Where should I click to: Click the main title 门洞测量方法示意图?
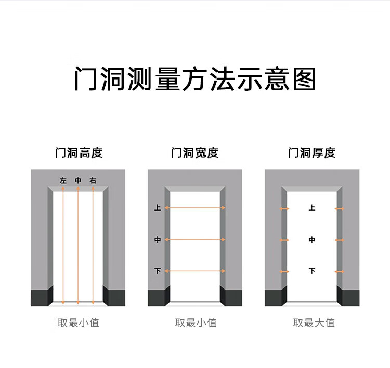point(195,79)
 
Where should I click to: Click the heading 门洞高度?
point(79,153)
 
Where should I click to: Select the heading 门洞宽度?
point(195,153)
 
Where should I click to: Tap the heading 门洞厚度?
point(312,153)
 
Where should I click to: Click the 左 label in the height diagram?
point(63,181)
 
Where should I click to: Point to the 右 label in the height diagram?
point(93,181)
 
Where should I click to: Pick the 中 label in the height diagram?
point(78,181)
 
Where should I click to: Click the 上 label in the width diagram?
point(158,208)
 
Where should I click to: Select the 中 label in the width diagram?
point(158,240)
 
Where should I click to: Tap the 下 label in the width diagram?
point(158,271)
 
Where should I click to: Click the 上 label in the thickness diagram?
point(312,208)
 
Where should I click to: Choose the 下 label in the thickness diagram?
point(312,271)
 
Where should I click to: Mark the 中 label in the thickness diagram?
point(312,240)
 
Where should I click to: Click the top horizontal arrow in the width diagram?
point(195,208)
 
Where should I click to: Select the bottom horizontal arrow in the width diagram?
point(195,271)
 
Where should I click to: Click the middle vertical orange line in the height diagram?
point(78,244)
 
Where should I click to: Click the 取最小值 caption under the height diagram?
point(78,323)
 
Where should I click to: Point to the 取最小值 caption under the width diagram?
point(196,323)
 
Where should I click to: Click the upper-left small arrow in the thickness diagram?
point(284,208)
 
